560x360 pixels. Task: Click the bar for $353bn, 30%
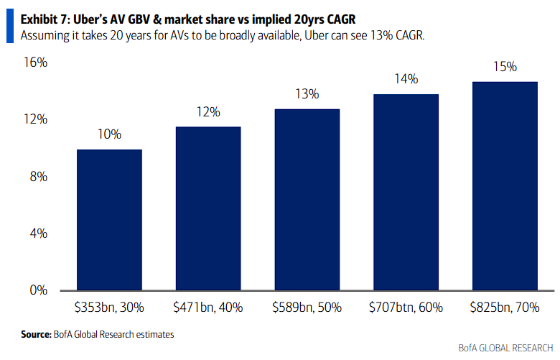[x=109, y=220]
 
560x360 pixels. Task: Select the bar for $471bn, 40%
[x=208, y=208]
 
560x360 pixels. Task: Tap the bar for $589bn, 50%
[x=307, y=200]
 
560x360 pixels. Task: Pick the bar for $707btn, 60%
[x=406, y=193]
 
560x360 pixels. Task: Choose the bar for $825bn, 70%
[x=505, y=186]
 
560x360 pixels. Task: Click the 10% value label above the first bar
[x=110, y=134]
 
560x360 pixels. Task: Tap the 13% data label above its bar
[x=307, y=94]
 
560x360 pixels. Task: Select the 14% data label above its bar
[x=406, y=79]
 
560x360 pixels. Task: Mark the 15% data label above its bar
[x=505, y=67]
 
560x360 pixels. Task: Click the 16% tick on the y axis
[x=35, y=63]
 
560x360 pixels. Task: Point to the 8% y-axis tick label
[x=38, y=177]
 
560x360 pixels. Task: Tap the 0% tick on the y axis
[x=38, y=291]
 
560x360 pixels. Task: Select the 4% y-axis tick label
[x=38, y=234]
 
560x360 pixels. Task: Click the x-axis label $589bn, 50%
[x=307, y=307]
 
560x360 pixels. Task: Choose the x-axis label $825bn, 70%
[x=505, y=307]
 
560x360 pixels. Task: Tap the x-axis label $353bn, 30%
[x=109, y=307]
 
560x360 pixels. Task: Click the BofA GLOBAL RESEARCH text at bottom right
[x=505, y=349]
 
